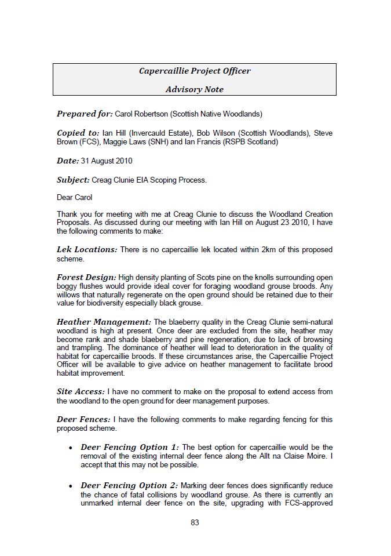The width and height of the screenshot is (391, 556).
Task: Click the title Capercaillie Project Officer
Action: click(x=195, y=71)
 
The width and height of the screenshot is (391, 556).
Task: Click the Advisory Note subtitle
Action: click(x=195, y=89)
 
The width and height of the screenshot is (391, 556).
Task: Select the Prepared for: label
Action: click(x=85, y=114)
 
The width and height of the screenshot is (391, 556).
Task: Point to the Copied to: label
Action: click(x=78, y=133)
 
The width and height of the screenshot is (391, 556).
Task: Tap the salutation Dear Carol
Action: click(x=74, y=198)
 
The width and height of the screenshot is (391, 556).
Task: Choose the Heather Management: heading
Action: click(x=104, y=322)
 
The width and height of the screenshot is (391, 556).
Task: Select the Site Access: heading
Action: click(x=81, y=392)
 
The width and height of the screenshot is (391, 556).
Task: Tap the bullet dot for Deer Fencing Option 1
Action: click(x=70, y=448)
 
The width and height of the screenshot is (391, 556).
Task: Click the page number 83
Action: click(x=195, y=522)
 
